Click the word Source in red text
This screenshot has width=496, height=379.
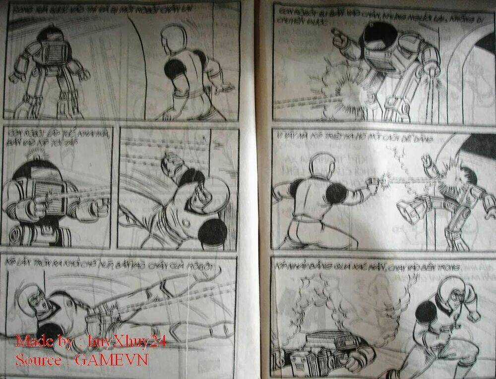point(38,359)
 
